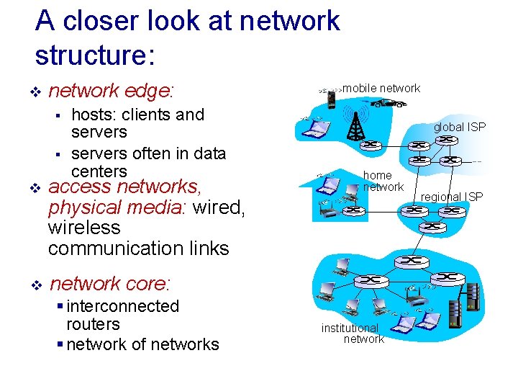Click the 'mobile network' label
381,89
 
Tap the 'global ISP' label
459,127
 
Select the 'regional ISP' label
452,197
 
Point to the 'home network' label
382,181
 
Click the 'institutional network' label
352,334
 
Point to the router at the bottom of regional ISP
432,226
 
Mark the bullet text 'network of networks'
142,344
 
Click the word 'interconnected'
122,306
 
